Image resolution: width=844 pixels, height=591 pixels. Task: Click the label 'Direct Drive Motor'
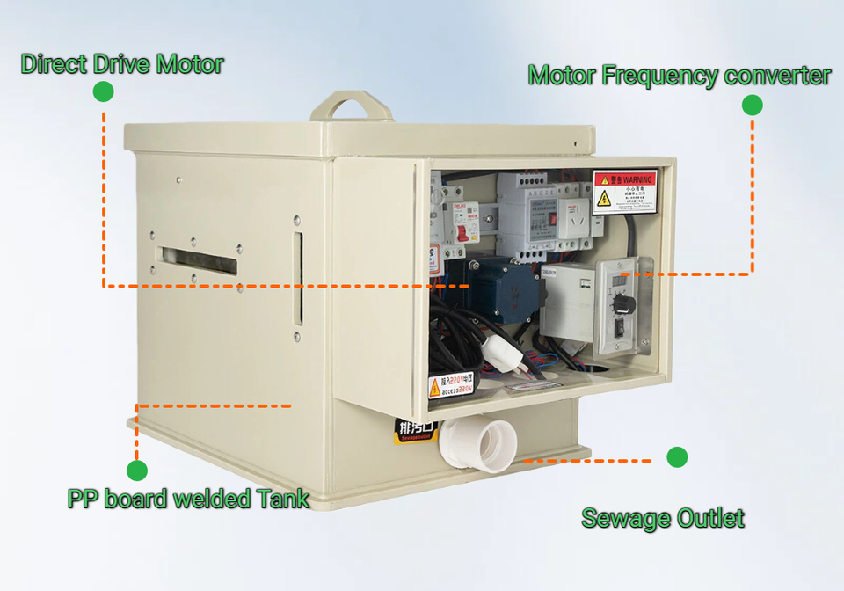pos(121,64)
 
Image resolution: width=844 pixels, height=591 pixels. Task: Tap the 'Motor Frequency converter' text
pos(679,76)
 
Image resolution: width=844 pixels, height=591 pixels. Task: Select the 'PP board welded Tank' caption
pos(188,500)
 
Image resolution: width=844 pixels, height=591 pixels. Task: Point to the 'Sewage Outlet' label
pos(663,518)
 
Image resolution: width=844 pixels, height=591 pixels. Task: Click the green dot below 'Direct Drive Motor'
pos(103,91)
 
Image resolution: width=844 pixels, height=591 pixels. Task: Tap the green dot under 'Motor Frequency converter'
pos(752,105)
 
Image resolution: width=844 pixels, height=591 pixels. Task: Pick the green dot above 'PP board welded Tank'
pos(136,471)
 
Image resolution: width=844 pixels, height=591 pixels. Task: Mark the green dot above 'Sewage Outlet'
pos(676,457)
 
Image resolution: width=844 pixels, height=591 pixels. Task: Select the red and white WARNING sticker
pos(624,192)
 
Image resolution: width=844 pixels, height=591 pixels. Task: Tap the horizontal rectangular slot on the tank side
pos(199,260)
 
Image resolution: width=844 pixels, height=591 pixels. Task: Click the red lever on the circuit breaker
pos(459,233)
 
